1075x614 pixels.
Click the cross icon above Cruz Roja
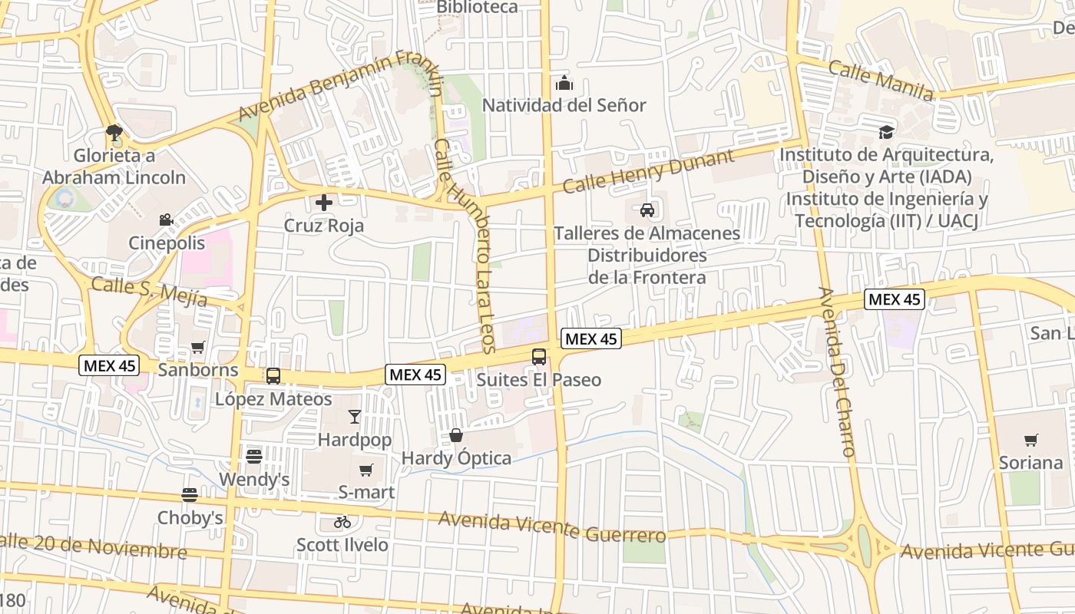point(324,203)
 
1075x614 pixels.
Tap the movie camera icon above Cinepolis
point(166,220)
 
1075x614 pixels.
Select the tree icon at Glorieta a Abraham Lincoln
point(114,133)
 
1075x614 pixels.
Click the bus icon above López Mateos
point(273,376)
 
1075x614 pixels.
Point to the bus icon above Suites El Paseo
point(539,356)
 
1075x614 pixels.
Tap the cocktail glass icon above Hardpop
point(354,417)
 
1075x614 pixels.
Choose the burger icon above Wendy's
point(254,457)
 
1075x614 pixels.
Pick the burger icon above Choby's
point(190,495)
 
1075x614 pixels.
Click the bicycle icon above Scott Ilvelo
point(342,522)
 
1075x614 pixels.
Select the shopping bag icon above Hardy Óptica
point(456,435)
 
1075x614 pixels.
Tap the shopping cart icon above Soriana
point(1030,440)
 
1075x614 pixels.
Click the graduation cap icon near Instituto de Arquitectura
point(887,132)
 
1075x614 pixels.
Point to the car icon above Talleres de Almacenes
point(647,210)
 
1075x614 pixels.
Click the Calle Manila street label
point(881,81)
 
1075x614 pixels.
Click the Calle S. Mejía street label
point(149,292)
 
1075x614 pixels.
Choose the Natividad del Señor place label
point(564,105)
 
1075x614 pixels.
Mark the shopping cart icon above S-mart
point(366,469)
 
